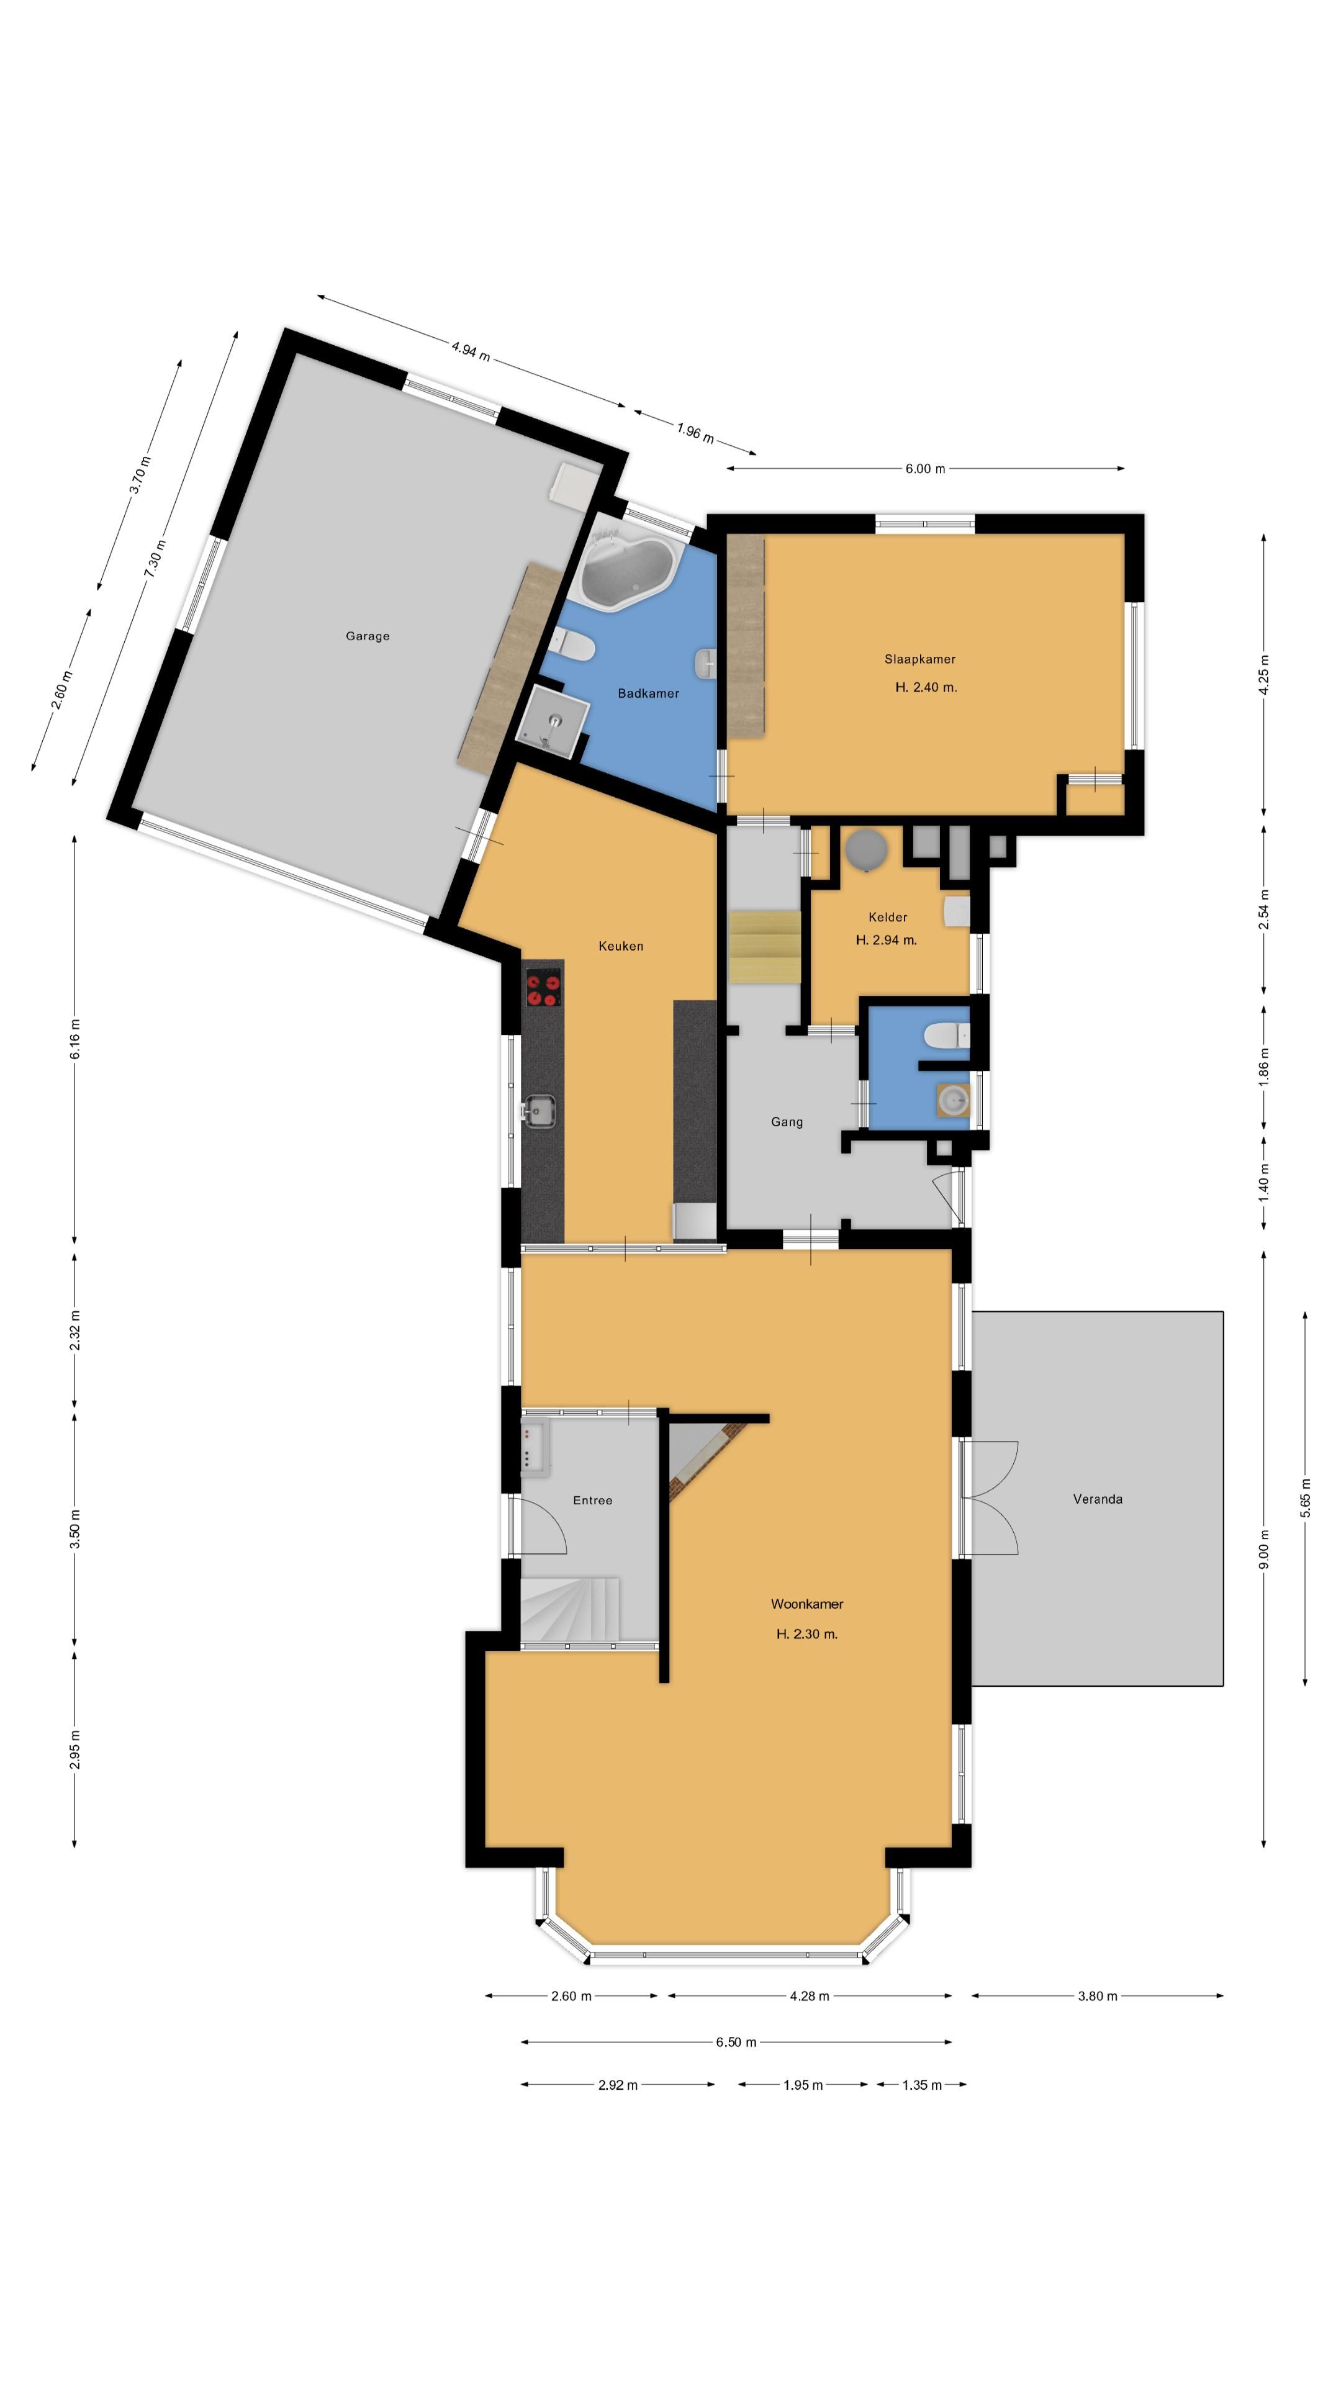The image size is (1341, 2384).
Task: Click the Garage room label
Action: pyautogui.click(x=368, y=636)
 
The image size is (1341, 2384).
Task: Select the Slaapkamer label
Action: pyautogui.click(x=920, y=659)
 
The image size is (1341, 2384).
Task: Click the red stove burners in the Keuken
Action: pyautogui.click(x=543, y=987)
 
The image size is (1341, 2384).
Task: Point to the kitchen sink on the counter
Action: pyautogui.click(x=540, y=1111)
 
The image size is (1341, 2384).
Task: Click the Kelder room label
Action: pyautogui.click(x=888, y=917)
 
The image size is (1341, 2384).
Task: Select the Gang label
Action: pyautogui.click(x=787, y=1122)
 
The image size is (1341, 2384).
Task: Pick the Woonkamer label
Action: pyautogui.click(x=807, y=1604)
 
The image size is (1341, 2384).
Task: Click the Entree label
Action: pyautogui.click(x=592, y=1500)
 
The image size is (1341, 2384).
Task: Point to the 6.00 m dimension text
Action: pyautogui.click(x=926, y=468)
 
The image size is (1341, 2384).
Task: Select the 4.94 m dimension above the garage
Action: pyautogui.click(x=471, y=351)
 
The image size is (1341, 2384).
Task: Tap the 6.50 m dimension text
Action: pyautogui.click(x=736, y=2041)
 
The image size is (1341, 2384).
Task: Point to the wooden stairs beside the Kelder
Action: pyautogui.click(x=764, y=947)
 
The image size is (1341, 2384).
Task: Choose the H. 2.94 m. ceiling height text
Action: pyautogui.click(x=887, y=941)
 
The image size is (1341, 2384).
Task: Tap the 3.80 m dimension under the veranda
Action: pyautogui.click(x=1098, y=1995)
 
